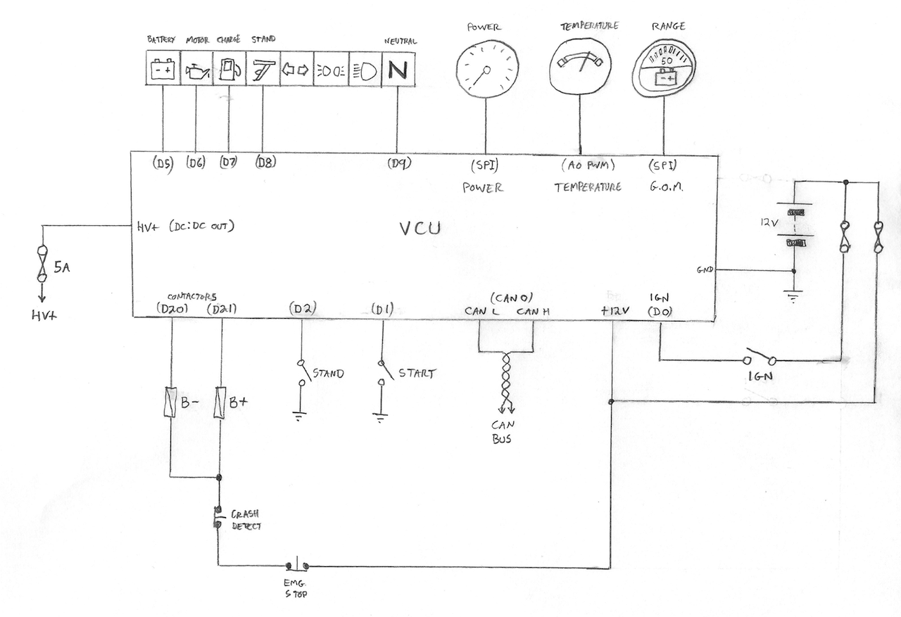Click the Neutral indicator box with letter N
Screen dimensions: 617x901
(398, 70)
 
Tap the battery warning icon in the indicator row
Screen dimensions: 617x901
(163, 70)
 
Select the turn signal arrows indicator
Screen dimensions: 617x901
(296, 70)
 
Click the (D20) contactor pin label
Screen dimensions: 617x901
(169, 308)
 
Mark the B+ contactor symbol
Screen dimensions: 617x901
(220, 402)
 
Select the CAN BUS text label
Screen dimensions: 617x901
(504, 430)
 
